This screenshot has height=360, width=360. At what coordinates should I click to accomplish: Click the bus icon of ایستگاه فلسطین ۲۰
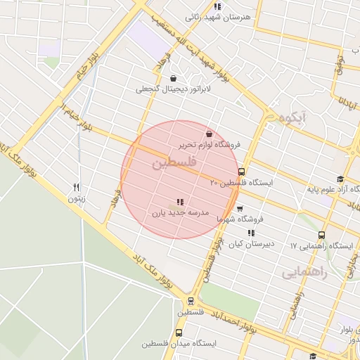coord(242,172)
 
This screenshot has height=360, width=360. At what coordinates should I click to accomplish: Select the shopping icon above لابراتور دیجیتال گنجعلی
coord(173,78)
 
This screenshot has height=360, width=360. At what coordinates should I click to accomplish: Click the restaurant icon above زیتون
coord(77,187)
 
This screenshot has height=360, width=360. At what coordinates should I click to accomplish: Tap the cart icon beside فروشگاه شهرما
coord(240,209)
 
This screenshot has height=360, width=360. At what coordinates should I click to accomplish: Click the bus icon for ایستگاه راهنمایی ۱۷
coord(322,235)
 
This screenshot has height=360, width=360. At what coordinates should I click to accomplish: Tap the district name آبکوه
coord(293,118)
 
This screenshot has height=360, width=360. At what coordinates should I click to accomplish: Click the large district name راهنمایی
coord(304,273)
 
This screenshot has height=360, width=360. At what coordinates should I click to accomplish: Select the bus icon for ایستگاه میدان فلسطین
coord(179,333)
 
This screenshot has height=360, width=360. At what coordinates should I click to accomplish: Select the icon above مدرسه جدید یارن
coord(180,201)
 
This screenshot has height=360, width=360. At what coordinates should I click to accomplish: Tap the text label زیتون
coord(75,198)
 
